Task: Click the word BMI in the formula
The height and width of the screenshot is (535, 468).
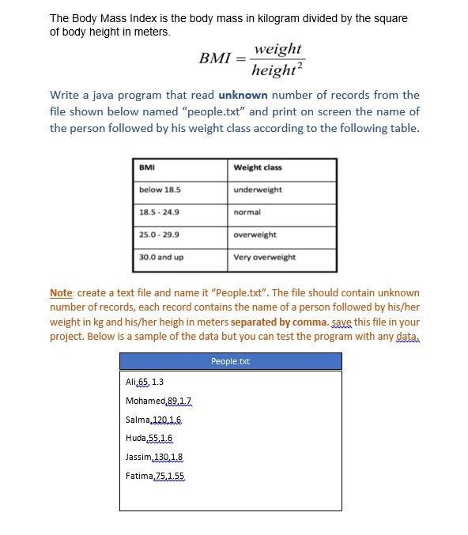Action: (213, 58)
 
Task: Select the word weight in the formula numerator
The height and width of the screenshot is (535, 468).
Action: (277, 48)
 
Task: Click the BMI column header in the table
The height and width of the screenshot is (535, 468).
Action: (147, 168)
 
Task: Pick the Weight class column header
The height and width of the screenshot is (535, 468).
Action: (258, 168)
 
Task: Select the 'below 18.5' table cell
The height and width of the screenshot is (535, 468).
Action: (160, 190)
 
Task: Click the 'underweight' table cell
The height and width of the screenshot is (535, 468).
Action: (258, 190)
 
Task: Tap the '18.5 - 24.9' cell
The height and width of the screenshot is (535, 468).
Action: (159, 212)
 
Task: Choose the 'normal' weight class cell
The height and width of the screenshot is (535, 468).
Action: (247, 212)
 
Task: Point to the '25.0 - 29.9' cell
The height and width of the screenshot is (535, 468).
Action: (159, 235)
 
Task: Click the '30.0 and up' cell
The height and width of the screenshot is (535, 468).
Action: (161, 257)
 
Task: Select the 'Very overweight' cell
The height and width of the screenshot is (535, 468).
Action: (265, 257)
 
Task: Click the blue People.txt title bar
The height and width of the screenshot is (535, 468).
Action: (230, 361)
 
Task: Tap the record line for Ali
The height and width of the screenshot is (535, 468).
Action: (145, 382)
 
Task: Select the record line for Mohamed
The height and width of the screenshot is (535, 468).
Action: (158, 401)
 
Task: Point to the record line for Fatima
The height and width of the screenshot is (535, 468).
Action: (155, 476)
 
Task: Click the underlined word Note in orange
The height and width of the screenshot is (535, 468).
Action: (61, 292)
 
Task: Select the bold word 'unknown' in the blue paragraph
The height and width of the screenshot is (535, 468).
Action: (243, 95)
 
